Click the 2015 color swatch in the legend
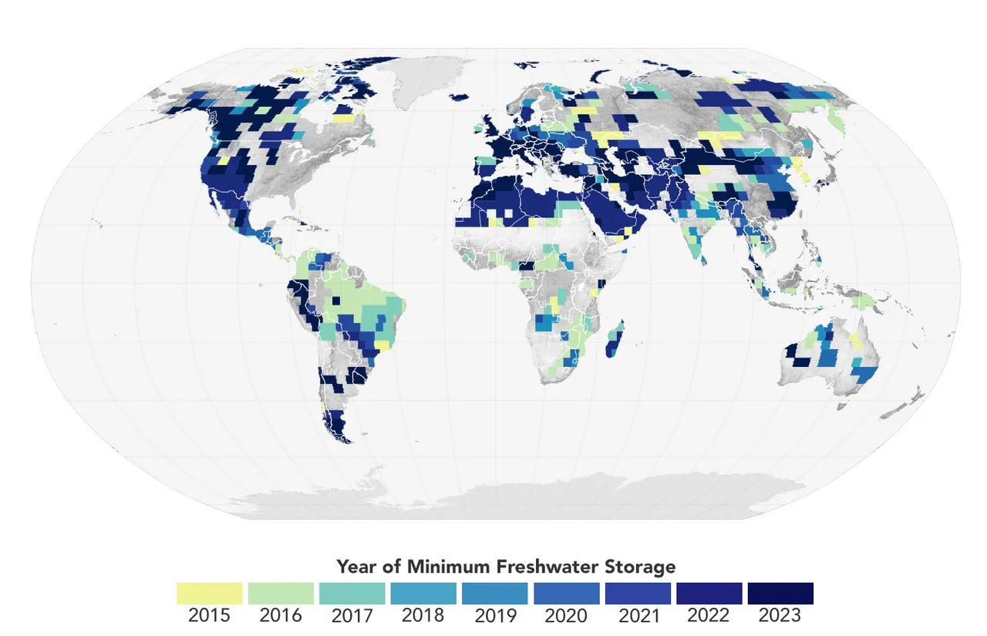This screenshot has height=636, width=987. (x=210, y=594)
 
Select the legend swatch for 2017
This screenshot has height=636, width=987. (x=352, y=594)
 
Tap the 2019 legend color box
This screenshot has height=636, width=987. (x=495, y=594)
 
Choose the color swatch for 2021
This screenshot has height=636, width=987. (x=638, y=594)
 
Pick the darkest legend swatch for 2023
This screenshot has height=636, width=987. (x=780, y=594)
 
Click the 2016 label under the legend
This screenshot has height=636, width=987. (x=281, y=616)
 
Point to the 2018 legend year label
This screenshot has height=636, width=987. (x=423, y=616)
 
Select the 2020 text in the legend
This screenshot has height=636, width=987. (x=566, y=616)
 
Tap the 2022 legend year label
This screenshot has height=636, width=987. (x=709, y=616)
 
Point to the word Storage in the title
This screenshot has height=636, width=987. (x=642, y=567)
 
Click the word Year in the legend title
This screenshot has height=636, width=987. (x=356, y=567)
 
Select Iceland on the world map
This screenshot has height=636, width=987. (x=459, y=97)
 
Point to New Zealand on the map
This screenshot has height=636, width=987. (x=910, y=401)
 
